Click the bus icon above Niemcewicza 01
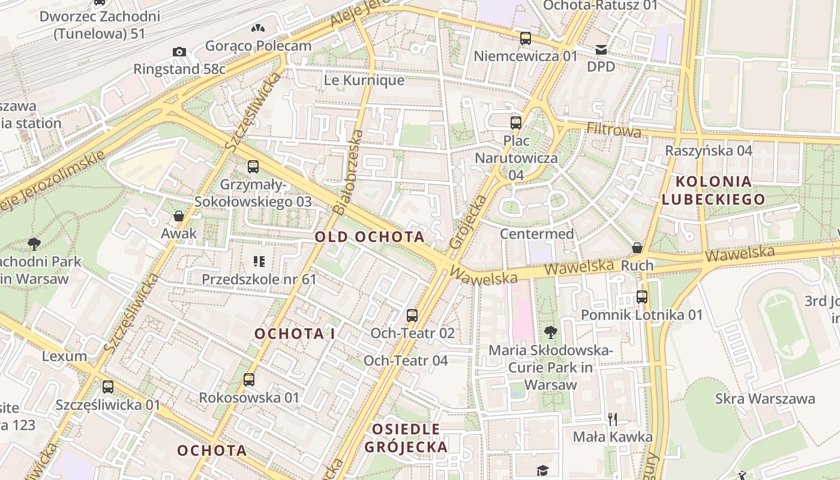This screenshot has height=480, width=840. (x=526, y=38)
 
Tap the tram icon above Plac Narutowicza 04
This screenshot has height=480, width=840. (x=515, y=123)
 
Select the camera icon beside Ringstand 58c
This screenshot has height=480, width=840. (x=179, y=52)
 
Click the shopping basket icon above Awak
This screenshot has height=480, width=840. (x=178, y=216)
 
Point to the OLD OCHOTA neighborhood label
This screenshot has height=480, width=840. (x=370, y=237)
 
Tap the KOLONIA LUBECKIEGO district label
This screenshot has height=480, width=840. (x=713, y=190)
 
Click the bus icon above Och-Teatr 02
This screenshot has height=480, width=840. (x=412, y=315)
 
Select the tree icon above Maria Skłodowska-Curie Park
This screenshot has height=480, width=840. (x=550, y=332)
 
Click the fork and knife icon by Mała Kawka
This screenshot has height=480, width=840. (x=613, y=419)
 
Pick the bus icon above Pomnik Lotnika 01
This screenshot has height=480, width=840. (x=642, y=296)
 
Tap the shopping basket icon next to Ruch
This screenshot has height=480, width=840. (x=637, y=248)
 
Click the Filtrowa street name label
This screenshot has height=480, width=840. (x=614, y=130)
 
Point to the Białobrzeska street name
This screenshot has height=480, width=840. (x=347, y=173)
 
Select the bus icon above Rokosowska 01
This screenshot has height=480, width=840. (x=249, y=379)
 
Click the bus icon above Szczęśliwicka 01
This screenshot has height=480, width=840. (x=108, y=387)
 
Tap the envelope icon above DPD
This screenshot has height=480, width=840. (x=601, y=49)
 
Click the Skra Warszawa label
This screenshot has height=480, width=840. (x=764, y=399)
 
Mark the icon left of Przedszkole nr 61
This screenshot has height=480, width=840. (x=259, y=261)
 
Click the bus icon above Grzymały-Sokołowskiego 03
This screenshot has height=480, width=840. (x=253, y=167)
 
